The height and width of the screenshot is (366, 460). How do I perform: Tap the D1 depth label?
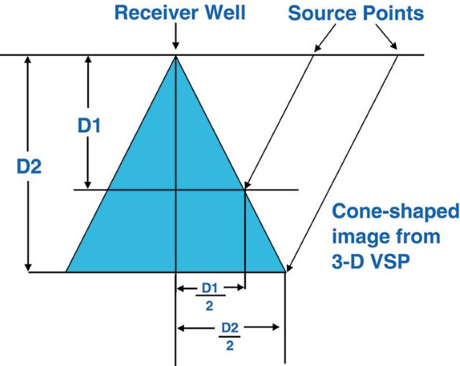[89, 126]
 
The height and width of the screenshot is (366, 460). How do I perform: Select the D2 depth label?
[29, 166]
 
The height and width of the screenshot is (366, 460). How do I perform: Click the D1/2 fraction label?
[209, 295]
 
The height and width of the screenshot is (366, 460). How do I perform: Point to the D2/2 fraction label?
[229, 336]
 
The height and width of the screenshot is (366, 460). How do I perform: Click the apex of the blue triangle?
[176, 56]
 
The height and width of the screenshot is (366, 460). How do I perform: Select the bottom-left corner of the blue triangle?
[66, 272]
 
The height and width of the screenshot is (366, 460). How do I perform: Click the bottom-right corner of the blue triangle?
[285, 272]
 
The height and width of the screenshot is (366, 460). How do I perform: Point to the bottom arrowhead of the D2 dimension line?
[29, 267]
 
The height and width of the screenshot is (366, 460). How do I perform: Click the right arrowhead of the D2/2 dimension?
[275, 327]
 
